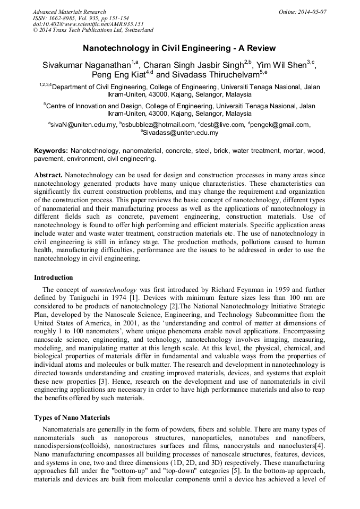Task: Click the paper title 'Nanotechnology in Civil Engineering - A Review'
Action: pos(179,48)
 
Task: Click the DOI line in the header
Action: pos(88,24)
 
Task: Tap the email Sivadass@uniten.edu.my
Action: pos(181,133)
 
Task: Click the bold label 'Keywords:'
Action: pos(51,151)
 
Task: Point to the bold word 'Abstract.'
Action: pos(48,175)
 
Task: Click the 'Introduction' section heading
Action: pos(54,277)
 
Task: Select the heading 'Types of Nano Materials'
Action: pos(72,418)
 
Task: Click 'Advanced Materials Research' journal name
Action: pos(70,12)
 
